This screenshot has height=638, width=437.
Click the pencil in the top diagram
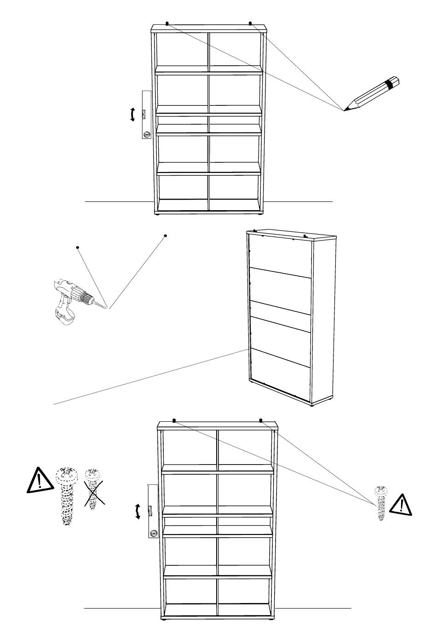pyautogui.click(x=372, y=94)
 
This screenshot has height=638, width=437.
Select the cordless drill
pyautogui.click(x=69, y=299)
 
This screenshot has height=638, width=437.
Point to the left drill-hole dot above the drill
pyautogui.click(x=78, y=247)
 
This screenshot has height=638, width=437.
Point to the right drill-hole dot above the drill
pyautogui.click(x=165, y=236)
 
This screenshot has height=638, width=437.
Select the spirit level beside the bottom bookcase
pyautogui.click(x=152, y=511)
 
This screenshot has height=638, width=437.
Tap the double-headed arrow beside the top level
pyautogui.click(x=132, y=114)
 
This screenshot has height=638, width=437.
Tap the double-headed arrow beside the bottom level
pyautogui.click(x=138, y=512)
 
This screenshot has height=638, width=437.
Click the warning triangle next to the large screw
pyautogui.click(x=39, y=480)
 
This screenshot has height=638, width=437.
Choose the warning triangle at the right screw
pyautogui.click(x=401, y=504)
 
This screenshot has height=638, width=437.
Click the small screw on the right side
pyautogui.click(x=380, y=502)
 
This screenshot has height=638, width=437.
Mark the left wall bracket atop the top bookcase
pyautogui.click(x=167, y=23)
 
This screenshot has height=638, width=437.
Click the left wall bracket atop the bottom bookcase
pyautogui.click(x=174, y=420)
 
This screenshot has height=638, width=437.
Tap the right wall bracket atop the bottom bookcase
pyautogui.click(x=261, y=420)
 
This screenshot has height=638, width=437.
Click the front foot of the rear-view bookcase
pyautogui.click(x=313, y=404)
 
